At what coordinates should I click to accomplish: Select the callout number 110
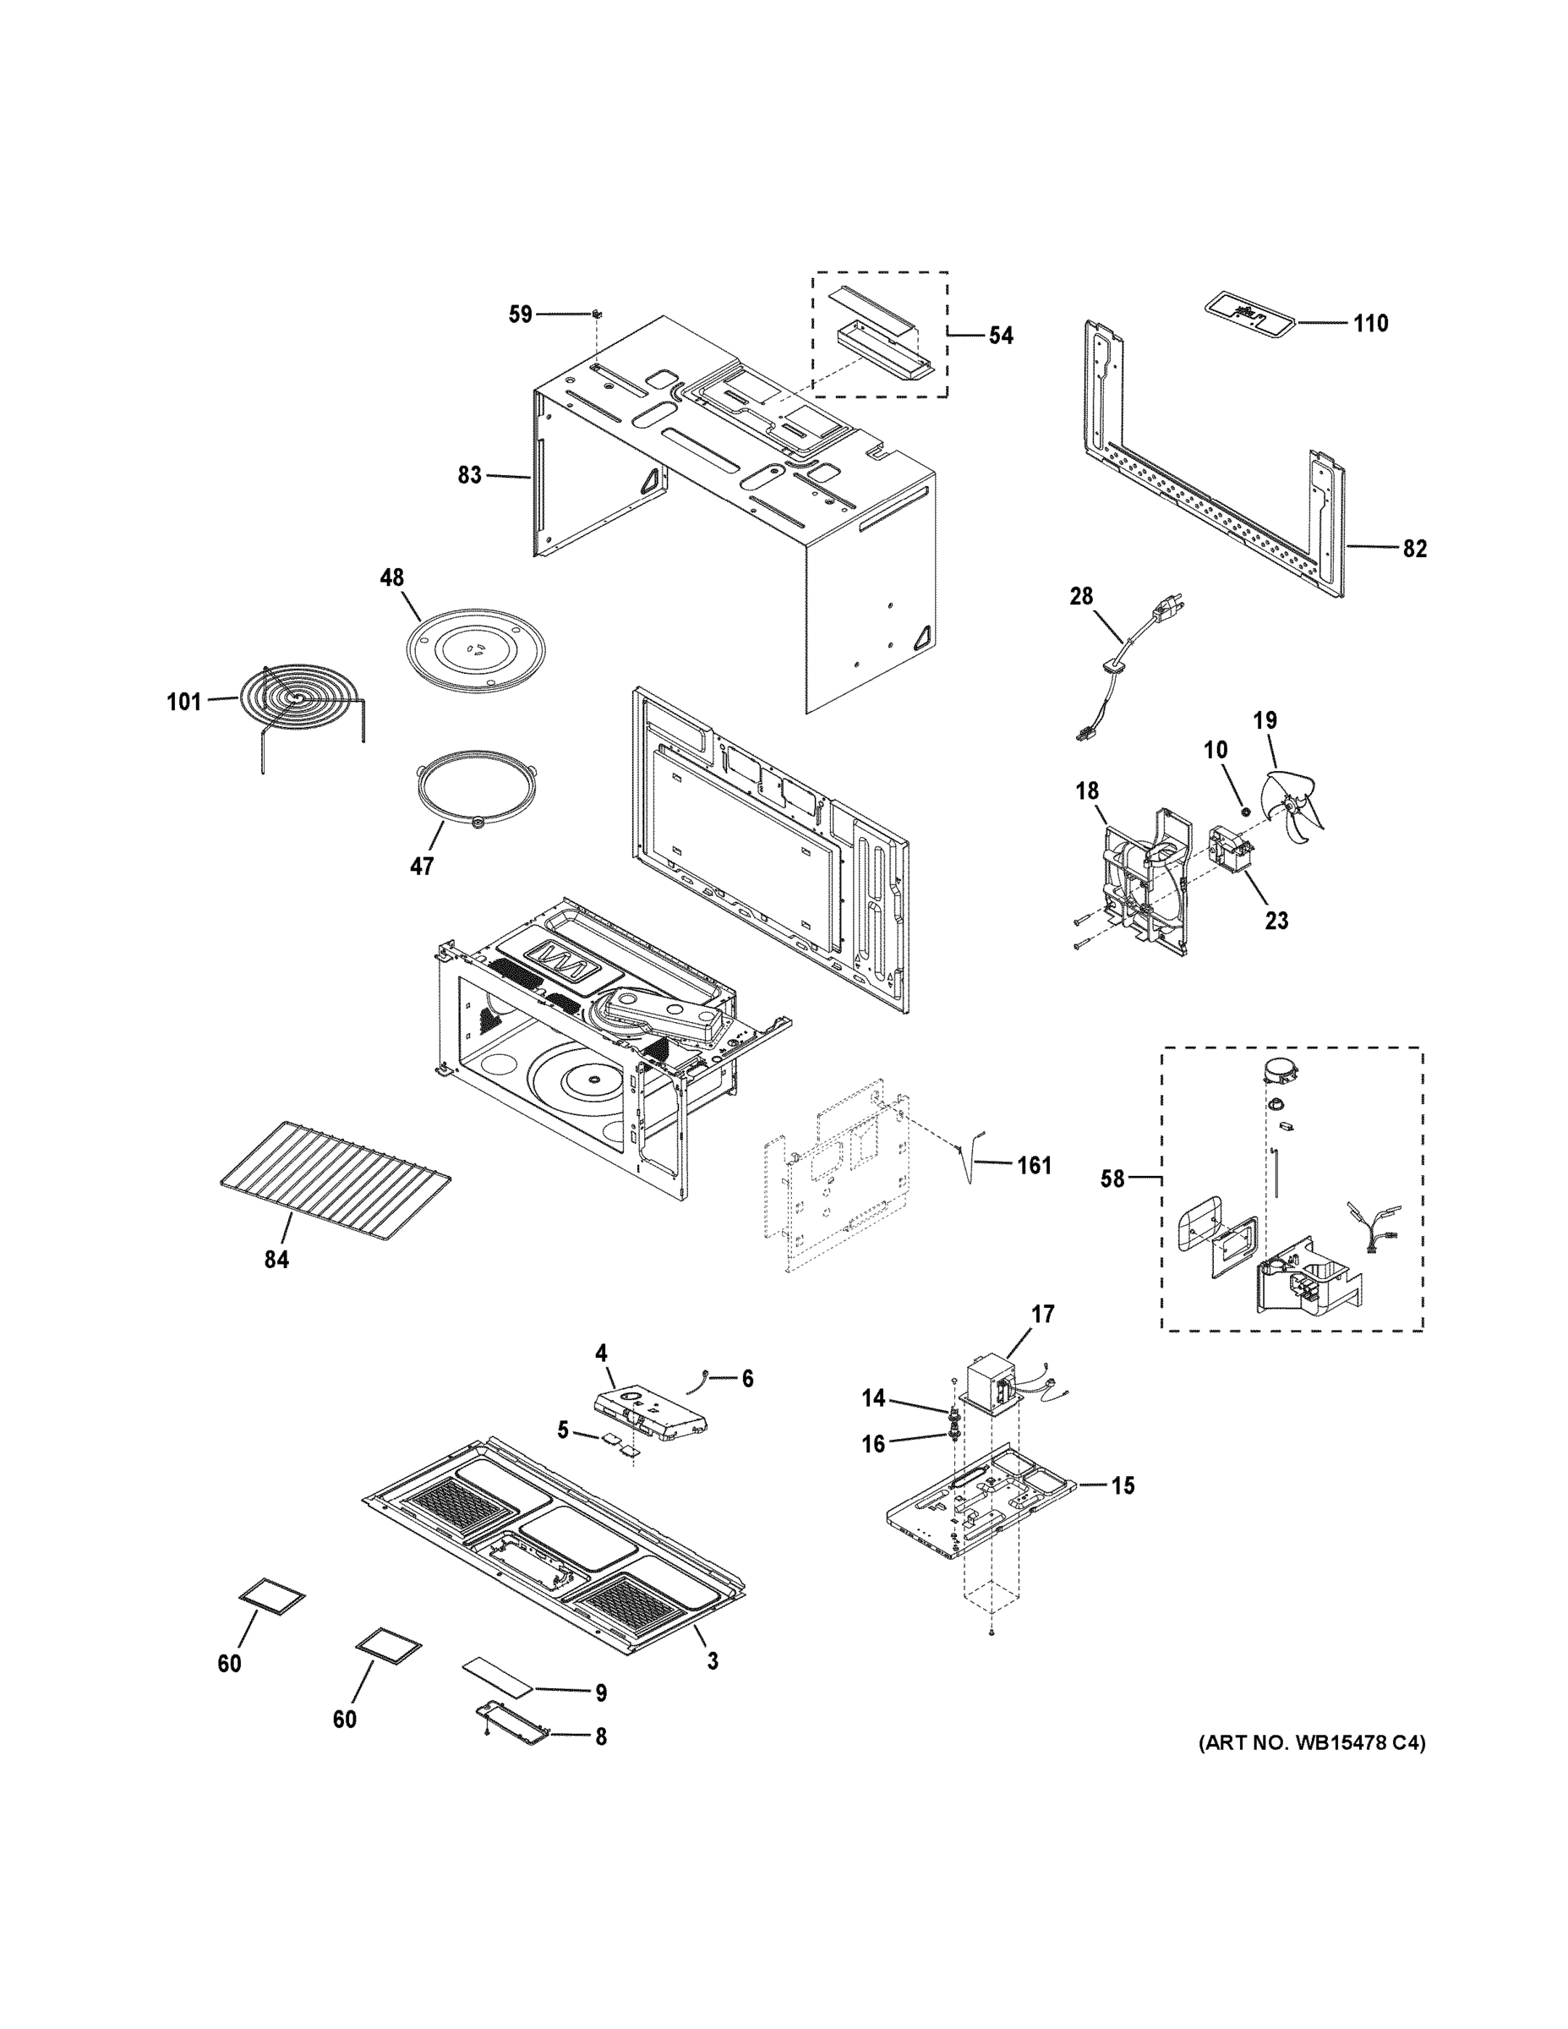pos(1370,323)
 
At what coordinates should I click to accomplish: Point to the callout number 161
pos(1034,1164)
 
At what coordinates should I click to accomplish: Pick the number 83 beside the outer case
pos(470,475)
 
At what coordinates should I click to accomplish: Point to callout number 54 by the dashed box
pos(1001,336)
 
